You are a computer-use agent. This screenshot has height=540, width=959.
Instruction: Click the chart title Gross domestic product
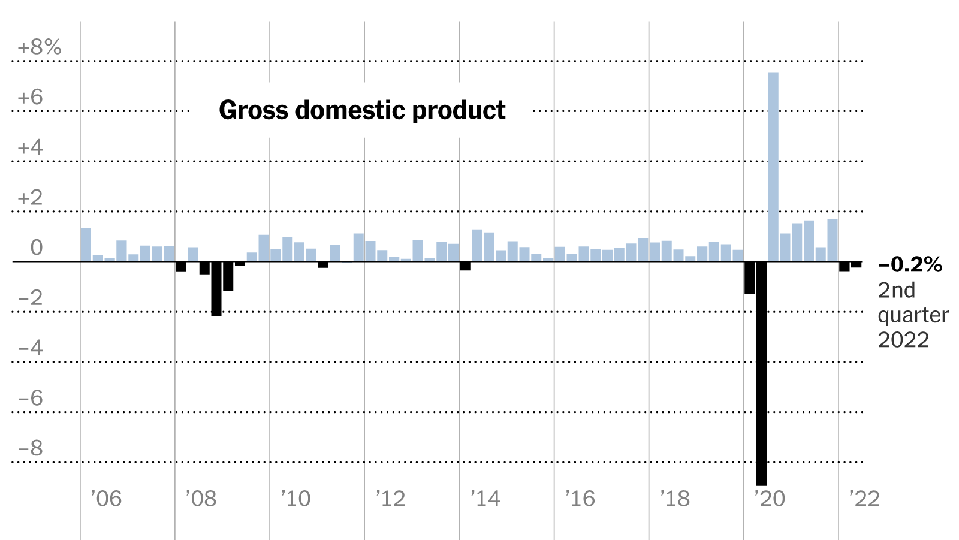(362, 110)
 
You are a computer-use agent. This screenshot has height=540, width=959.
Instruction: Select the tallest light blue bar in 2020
(773, 167)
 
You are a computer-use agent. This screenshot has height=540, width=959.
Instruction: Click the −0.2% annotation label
(910, 264)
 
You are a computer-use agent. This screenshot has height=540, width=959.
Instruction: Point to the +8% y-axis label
(40, 47)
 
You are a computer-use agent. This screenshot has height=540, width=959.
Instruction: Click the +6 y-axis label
(31, 98)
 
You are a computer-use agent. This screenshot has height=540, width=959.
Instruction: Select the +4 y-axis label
(31, 147)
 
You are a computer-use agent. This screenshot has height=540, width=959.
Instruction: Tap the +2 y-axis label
(31, 198)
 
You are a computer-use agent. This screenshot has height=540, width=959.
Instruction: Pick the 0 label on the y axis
(36, 248)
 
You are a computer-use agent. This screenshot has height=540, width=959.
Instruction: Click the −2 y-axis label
(31, 298)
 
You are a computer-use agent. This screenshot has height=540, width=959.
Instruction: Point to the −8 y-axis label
(31, 448)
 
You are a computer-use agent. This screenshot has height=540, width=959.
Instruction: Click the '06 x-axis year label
(106, 499)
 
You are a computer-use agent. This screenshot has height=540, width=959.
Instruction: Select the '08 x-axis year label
(201, 499)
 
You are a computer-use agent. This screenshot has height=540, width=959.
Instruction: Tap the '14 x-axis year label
(485, 499)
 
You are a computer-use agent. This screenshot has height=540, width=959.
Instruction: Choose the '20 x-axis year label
(770, 499)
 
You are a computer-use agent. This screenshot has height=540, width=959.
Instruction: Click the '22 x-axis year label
(864, 499)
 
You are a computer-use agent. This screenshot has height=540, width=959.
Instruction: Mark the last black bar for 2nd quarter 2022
(856, 264)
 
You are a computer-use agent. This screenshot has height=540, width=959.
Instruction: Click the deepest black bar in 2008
(216, 289)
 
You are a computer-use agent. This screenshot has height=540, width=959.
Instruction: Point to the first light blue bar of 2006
(86, 245)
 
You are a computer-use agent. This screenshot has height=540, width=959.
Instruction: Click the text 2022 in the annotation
(903, 340)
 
